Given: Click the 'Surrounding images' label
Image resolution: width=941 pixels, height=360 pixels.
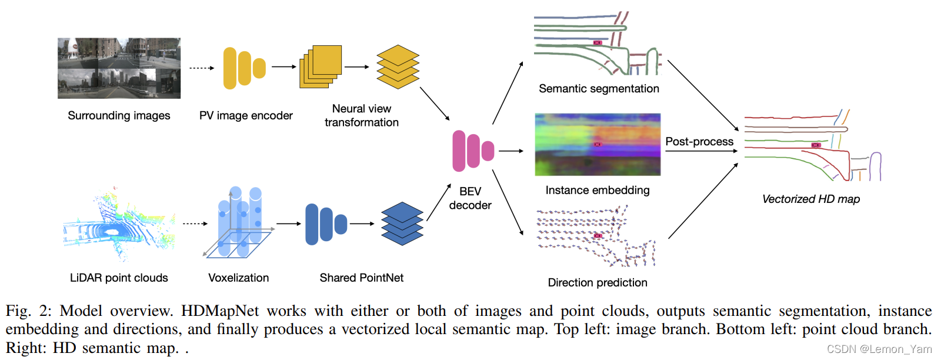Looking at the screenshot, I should point(119,115).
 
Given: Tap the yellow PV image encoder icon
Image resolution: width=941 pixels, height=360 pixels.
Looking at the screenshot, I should point(244,68).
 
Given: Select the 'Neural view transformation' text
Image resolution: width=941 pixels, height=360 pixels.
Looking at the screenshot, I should point(361,115).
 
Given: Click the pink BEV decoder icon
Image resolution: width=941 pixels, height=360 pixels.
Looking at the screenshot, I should point(472,151).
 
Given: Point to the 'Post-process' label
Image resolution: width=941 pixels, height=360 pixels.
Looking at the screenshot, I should point(699,142).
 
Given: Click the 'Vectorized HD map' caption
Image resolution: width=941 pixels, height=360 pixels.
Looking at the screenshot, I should point(810,199).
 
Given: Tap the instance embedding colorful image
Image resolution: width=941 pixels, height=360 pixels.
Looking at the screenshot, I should point(598,145).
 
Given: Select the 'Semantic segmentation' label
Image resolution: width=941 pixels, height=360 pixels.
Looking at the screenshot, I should point(599,89).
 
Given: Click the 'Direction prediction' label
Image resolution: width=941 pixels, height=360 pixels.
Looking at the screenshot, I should point(598,282).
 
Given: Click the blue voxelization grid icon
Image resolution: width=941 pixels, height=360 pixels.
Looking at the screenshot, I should point(238,224).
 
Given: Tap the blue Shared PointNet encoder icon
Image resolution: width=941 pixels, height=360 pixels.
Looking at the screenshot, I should point(325,224).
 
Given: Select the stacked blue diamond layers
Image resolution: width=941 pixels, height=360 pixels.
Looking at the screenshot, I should point(402,224).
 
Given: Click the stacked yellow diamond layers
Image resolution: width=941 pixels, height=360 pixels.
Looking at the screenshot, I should point(398,67).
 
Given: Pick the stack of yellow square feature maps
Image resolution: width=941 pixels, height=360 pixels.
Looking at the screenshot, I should point(321,66).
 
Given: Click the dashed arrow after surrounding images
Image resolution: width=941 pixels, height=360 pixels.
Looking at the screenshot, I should point(201,68).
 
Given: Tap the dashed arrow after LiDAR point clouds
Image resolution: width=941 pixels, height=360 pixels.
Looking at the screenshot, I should point(195,224).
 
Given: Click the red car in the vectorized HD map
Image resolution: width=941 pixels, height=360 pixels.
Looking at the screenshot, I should point(816,145).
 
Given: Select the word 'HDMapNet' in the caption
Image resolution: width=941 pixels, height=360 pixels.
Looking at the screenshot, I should point(219,311).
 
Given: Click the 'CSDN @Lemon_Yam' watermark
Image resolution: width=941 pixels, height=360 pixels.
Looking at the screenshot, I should point(879,349).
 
